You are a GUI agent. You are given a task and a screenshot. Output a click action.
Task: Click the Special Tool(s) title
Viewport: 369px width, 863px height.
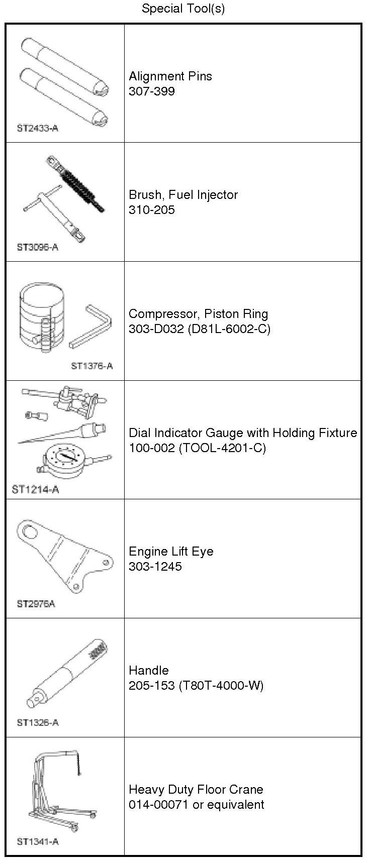pyautogui.click(x=183, y=9)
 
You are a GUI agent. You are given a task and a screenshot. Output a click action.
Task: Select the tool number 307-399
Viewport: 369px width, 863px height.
pyautogui.click(x=152, y=91)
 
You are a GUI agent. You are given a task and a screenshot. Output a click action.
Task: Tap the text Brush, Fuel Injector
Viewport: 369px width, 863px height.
pyautogui.click(x=183, y=195)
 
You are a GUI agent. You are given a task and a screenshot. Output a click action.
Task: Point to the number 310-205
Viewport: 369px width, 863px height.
pyautogui.click(x=152, y=210)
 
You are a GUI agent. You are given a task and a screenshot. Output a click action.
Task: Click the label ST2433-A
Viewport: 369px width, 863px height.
pyautogui.click(x=38, y=128)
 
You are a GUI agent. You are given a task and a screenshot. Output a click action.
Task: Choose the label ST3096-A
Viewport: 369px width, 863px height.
pyautogui.click(x=38, y=247)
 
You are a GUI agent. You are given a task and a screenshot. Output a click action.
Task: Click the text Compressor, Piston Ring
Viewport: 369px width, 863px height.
pyautogui.click(x=198, y=314)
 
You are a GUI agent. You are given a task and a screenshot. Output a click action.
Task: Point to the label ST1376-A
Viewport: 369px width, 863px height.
pyautogui.click(x=92, y=366)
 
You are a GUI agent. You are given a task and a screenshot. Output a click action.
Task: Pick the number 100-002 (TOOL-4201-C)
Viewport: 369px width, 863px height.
pyautogui.click(x=197, y=448)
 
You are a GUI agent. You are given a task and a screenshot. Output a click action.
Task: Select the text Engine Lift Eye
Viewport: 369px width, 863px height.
pyautogui.click(x=171, y=552)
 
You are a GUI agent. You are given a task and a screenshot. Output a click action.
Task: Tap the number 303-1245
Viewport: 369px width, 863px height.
pyautogui.click(x=155, y=567)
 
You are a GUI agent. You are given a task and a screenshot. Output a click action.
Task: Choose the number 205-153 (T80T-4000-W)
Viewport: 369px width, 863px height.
pyautogui.click(x=196, y=686)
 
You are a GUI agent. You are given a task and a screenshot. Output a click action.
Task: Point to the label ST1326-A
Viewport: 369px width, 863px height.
pyautogui.click(x=38, y=722)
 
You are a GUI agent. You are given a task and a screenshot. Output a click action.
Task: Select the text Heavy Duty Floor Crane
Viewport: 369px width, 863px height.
pyautogui.click(x=196, y=789)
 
